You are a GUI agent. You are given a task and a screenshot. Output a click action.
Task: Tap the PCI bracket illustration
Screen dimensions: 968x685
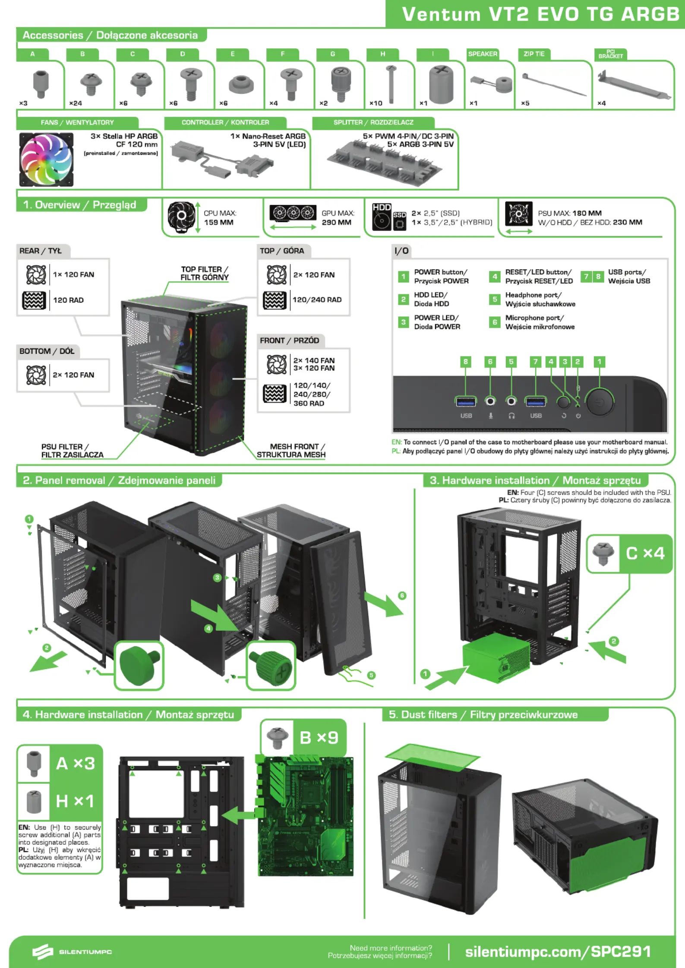point(634,85)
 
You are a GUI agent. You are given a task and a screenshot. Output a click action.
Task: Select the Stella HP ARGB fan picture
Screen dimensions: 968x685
point(47,159)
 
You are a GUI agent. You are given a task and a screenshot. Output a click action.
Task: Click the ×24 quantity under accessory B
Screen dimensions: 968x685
point(76,103)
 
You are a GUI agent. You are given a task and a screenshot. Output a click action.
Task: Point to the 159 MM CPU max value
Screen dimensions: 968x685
point(219,222)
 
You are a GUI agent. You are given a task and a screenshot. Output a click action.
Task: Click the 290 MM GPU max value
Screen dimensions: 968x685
point(336,222)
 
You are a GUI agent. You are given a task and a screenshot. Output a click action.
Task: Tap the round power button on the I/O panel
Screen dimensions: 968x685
point(600,401)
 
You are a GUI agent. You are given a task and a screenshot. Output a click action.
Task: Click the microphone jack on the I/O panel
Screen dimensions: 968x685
point(490,401)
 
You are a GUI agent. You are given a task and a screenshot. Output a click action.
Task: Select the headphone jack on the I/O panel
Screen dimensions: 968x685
point(511,401)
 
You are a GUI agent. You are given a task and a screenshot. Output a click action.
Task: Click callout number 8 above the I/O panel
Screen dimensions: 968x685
point(465,362)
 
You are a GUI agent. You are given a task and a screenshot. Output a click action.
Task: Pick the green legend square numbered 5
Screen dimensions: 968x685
point(495,299)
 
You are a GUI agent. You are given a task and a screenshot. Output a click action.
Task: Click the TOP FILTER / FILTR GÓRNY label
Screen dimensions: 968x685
point(205,273)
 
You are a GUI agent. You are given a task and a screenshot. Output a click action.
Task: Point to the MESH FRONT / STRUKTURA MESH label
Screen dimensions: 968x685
point(292,451)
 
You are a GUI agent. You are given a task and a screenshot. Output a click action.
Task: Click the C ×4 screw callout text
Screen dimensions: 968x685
point(645,553)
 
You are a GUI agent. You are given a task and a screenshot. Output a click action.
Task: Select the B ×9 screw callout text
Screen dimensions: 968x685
point(319,738)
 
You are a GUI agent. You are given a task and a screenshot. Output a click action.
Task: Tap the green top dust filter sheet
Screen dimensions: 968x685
point(432,757)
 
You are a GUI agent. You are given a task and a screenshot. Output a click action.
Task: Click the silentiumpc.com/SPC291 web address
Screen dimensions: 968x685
point(558,952)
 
